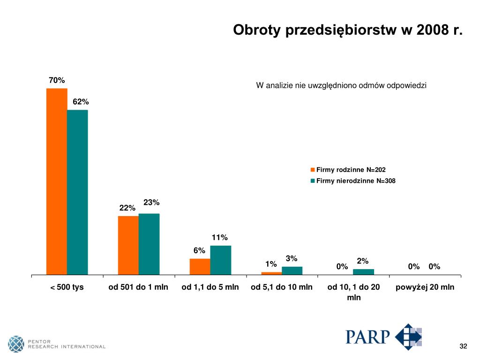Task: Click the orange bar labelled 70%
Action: [x=57, y=181]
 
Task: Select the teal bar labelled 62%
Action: [x=77, y=192]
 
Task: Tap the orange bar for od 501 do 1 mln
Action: [x=128, y=245]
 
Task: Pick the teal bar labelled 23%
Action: [x=149, y=244]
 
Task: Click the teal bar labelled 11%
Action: [x=220, y=260]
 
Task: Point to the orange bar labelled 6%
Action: [x=200, y=266]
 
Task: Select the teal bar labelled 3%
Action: [x=292, y=270]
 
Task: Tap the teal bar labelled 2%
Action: [x=363, y=271]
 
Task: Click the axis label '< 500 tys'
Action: [x=67, y=287]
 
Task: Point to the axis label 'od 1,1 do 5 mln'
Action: [x=210, y=287]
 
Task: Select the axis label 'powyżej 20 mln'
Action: [x=425, y=287]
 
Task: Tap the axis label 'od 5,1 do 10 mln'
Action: [x=282, y=287]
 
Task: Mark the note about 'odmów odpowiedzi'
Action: [x=341, y=85]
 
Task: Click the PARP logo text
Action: [x=368, y=337]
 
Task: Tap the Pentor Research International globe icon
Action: [x=16, y=344]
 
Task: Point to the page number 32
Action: [x=463, y=346]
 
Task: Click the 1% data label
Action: [x=271, y=264]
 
